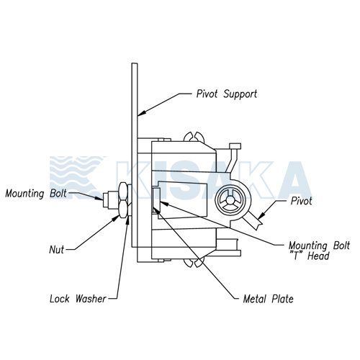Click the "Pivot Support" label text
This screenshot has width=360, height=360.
click(227, 94)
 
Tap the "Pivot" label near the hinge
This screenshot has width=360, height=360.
click(301, 201)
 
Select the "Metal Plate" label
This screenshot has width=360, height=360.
click(268, 299)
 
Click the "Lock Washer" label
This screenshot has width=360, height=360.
click(78, 299)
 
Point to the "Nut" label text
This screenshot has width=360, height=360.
click(57, 250)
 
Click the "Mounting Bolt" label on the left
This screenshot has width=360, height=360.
click(36, 194)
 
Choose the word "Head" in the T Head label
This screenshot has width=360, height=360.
click(318, 256)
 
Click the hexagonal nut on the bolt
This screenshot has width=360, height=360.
click(123, 200)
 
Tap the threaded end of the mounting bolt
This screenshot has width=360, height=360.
click(106, 199)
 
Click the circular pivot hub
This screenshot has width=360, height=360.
click(230, 202)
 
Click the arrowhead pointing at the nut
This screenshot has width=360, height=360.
click(116, 217)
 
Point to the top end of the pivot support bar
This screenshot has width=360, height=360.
click(135, 63)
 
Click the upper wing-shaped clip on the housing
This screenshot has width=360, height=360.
click(194, 136)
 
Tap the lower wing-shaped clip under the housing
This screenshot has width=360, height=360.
click(194, 262)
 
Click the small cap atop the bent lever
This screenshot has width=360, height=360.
click(235, 146)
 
